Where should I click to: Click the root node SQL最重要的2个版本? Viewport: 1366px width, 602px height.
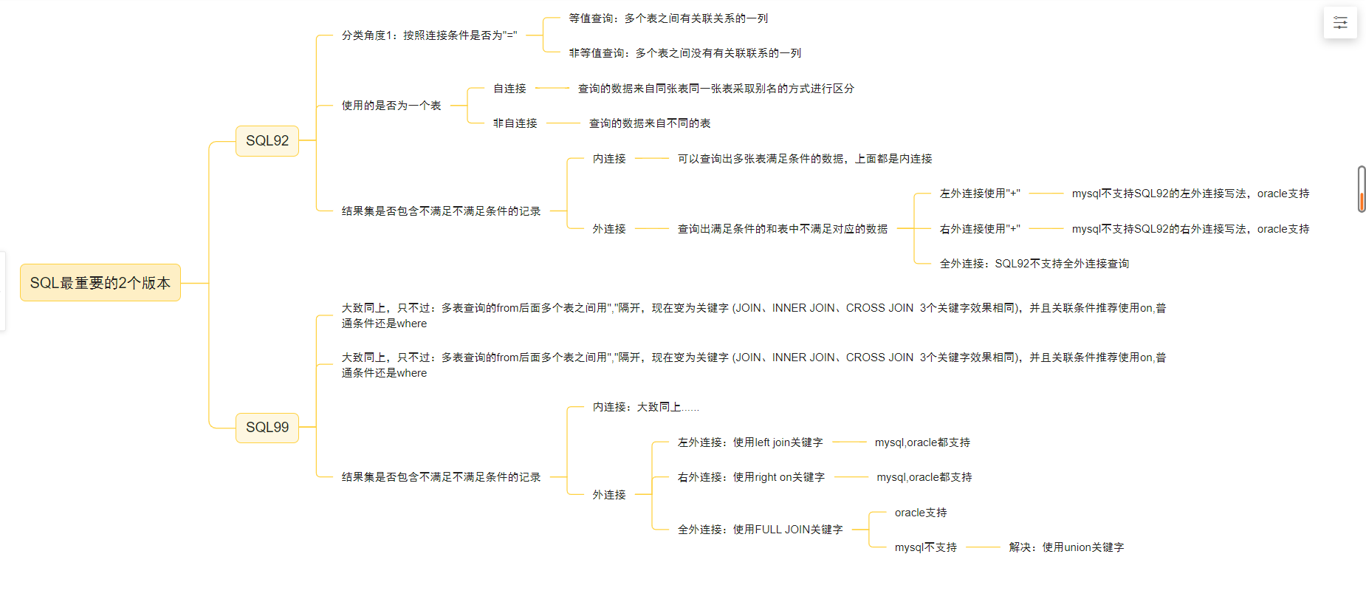coord(100,283)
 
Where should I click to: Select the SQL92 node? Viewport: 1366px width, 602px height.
coord(267,140)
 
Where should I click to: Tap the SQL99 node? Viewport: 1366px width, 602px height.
coord(267,427)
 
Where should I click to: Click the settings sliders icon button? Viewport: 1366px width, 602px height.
coord(1340,23)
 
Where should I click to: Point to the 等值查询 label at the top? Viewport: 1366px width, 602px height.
coord(667,18)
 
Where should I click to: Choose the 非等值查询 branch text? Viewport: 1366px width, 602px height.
coord(684,53)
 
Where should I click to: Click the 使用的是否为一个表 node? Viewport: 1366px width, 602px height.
coord(391,106)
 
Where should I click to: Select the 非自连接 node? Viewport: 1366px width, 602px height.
coord(515,123)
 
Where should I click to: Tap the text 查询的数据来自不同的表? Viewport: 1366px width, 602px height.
coord(649,123)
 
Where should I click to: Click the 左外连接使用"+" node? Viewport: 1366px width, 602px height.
coord(979,194)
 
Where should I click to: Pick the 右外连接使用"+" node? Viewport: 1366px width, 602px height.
coord(979,229)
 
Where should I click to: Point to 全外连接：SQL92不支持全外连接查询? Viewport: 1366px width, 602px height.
coord(1034,264)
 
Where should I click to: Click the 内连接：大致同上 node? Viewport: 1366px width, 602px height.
coord(645,407)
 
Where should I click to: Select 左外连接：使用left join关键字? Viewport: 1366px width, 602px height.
coord(749,442)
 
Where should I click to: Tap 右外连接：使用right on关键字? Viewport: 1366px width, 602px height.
coord(750,477)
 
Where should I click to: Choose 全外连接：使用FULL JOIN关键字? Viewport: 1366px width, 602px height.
coord(759,530)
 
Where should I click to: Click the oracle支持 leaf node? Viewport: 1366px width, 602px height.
coord(920,513)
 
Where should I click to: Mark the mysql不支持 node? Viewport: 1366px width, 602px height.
coord(925,547)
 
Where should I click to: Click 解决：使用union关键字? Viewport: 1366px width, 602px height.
coord(1065,547)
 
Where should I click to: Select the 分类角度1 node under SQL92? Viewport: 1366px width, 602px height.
coord(429,35)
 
